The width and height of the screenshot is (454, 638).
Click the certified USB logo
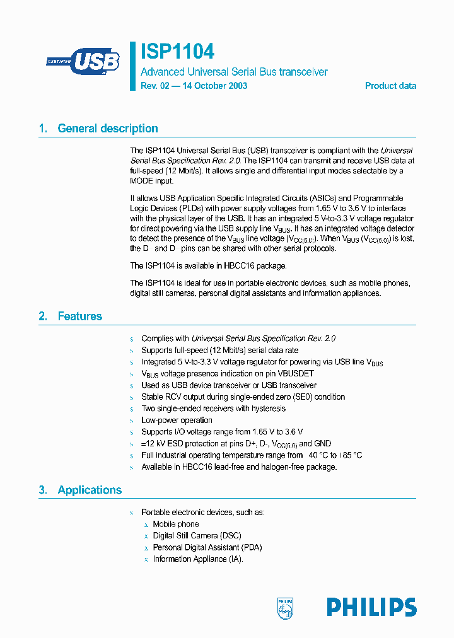[83, 62]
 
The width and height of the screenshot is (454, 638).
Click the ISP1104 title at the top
[177, 51]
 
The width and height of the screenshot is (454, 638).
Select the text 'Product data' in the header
[390, 86]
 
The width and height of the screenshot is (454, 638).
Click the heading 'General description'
[107, 129]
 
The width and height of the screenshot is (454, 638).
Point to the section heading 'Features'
[79, 316]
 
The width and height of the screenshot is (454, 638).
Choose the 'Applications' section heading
[90, 490]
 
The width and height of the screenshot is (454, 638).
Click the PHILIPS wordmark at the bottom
[371, 607]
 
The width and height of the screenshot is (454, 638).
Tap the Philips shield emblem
[286, 608]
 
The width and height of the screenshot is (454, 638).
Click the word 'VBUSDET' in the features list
[295, 373]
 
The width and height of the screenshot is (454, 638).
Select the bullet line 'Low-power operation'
[177, 420]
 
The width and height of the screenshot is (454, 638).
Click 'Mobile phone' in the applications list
[176, 525]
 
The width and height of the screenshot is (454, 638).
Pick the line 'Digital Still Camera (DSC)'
[197, 536]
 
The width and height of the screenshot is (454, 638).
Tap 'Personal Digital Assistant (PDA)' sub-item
[207, 547]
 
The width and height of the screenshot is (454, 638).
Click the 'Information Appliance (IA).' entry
[198, 559]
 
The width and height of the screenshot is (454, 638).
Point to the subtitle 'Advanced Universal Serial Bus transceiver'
[234, 72]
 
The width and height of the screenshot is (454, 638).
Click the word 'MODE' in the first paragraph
[143, 181]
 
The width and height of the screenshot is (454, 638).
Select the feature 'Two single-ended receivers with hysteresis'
[213, 409]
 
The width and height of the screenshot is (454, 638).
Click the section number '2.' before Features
[43, 316]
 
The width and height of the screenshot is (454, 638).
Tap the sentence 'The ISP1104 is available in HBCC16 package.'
[208, 265]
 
